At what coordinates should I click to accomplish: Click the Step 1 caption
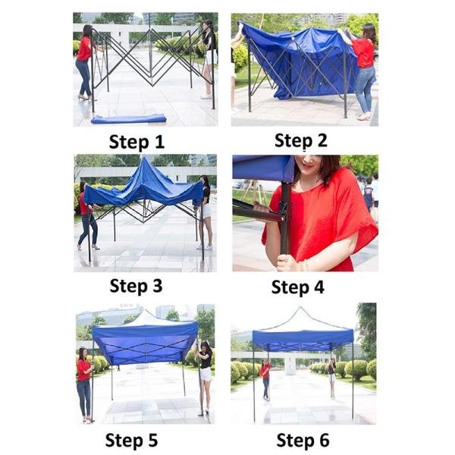tap(136, 142)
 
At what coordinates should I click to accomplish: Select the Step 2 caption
tap(301, 140)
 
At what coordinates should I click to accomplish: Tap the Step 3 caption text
tap(136, 286)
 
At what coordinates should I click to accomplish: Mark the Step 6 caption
tap(302, 441)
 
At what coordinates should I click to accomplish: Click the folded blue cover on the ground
tap(129, 118)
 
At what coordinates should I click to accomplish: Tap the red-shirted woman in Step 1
tap(83, 61)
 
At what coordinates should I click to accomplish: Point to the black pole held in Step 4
tap(285, 220)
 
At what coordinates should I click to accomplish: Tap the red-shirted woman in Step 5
tap(83, 383)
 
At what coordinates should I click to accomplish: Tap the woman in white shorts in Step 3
tap(205, 212)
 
